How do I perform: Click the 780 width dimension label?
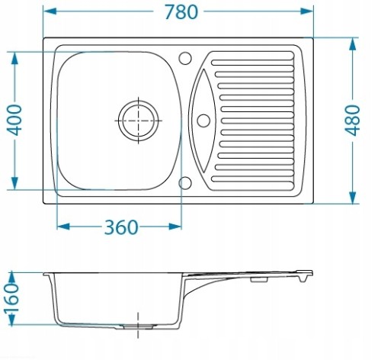pos(181,12)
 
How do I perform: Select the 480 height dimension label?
pos(352,121)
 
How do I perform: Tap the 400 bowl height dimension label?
pos(14,120)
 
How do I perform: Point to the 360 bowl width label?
pos(121,227)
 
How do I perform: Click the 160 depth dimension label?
pos(11,297)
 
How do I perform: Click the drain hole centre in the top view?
pos(139,121)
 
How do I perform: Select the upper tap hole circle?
pos(185,58)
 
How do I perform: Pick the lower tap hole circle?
pos(185,183)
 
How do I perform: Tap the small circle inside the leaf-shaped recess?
pos(203,121)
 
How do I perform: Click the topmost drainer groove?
pos(252,63)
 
